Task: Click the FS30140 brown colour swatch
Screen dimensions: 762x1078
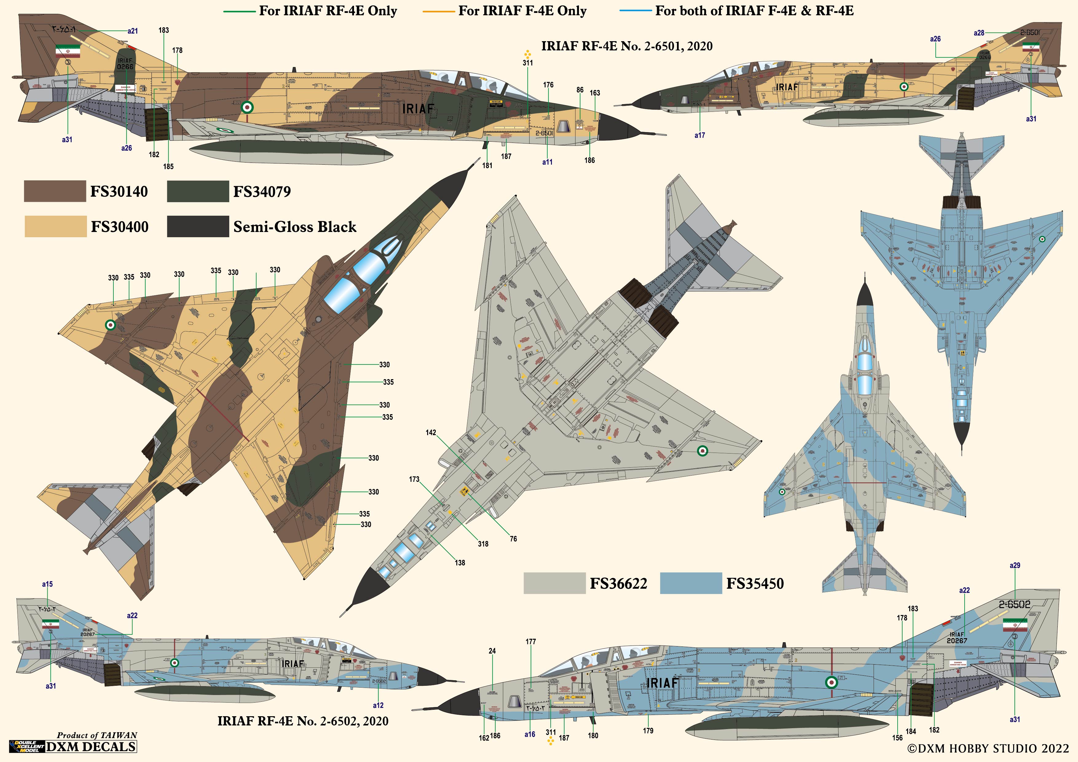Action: point(55,191)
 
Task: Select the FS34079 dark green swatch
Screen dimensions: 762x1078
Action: point(198,191)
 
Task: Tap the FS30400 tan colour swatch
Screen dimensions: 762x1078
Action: point(55,226)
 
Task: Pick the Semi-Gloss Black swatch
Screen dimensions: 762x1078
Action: point(198,226)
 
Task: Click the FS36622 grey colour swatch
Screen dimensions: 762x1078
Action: point(554,583)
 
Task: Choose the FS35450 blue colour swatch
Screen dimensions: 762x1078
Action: point(691,583)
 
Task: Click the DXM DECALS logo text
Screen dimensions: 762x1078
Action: point(91,747)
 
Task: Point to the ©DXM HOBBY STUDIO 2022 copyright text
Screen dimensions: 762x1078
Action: point(991,748)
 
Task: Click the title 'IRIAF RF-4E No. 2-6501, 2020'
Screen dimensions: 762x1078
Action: point(627,46)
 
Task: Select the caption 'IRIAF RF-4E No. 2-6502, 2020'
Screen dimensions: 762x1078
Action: point(303,721)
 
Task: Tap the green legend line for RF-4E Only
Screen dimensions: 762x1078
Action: point(239,11)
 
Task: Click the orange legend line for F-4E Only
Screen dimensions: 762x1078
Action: point(439,11)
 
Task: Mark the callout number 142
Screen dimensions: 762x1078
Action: point(431,432)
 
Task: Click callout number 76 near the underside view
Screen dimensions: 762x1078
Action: point(513,539)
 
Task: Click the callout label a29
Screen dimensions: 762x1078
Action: point(1015,565)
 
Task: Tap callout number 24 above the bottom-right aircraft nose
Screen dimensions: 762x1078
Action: point(492,651)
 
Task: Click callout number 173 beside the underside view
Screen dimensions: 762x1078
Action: point(414,479)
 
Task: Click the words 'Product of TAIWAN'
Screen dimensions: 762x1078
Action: point(97,735)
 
